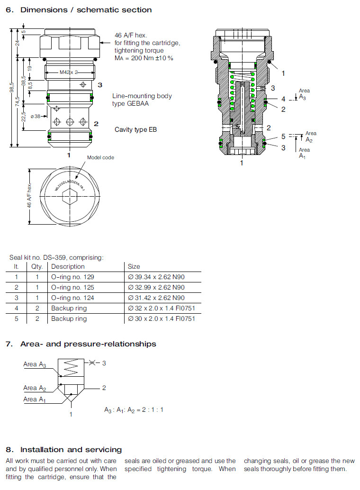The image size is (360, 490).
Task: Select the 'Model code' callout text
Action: pyautogui.click(x=100, y=157)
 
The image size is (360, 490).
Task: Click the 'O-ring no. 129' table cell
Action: pyautogui.click(x=72, y=277)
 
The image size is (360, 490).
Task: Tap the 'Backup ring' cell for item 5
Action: pyautogui.click(x=69, y=318)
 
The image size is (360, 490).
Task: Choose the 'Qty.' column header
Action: pyautogui.click(x=37, y=266)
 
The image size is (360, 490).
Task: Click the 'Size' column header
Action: pyautogui.click(x=134, y=266)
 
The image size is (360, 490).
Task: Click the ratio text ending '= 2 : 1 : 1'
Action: pyautogui.click(x=134, y=409)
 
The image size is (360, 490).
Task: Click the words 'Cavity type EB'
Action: pyautogui.click(x=135, y=130)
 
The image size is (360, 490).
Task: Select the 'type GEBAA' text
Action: pyautogui.click(x=131, y=103)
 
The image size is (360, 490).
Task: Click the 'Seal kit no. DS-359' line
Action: pyautogui.click(x=56, y=257)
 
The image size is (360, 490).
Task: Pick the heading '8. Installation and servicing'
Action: pyautogui.click(x=64, y=449)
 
